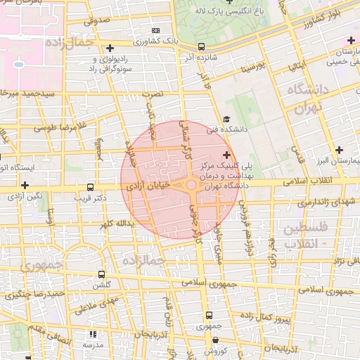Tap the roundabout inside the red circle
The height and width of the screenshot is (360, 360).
click(x=191, y=186)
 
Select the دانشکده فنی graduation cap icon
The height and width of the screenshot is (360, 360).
click(x=226, y=120)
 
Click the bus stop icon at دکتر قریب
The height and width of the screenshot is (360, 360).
click(x=89, y=187)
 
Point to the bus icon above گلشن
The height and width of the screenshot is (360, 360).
click(x=102, y=275)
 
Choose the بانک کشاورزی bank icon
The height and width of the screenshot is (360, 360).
click(x=155, y=31)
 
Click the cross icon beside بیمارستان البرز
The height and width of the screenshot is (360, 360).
click(x=340, y=150)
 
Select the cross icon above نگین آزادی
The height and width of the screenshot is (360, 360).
click(x=25, y=185)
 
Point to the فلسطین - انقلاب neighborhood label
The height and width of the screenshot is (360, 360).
click(x=304, y=236)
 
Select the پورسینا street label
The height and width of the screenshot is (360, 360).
click(x=252, y=68)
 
